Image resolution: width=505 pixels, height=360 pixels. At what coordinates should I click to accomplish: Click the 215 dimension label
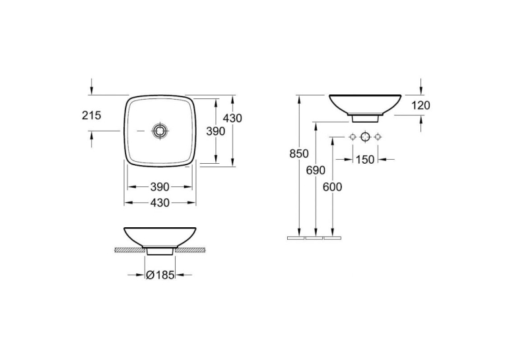(92, 115)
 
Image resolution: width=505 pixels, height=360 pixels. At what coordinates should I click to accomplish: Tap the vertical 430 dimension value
(232, 118)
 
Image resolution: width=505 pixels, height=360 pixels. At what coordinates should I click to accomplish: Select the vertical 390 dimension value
(215, 131)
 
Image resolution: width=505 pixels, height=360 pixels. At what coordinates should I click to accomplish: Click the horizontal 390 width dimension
(160, 187)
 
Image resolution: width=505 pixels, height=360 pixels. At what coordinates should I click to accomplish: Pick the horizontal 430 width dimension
(160, 203)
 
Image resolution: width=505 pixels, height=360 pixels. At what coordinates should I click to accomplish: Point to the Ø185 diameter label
(160, 275)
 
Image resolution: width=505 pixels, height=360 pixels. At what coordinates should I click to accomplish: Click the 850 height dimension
(299, 154)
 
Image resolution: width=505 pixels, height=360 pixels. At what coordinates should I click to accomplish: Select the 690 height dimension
(316, 170)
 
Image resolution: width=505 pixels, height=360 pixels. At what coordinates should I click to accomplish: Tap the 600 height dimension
(332, 187)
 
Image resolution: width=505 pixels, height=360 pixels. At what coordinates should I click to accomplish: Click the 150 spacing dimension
(365, 159)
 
